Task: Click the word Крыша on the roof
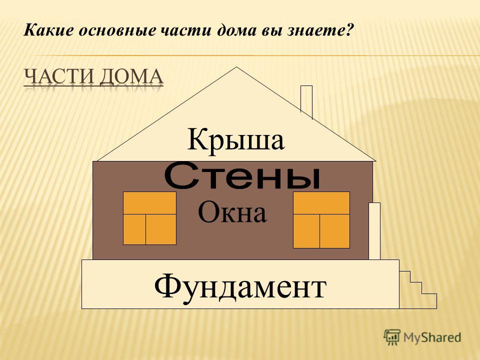click(x=235, y=140)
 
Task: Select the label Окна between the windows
click(x=232, y=213)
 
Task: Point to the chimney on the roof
click(x=306, y=101)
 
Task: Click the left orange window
click(x=149, y=218)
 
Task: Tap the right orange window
click(x=321, y=220)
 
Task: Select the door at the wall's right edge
click(x=374, y=231)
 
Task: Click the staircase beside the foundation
click(x=418, y=289)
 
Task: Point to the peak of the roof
click(x=236, y=67)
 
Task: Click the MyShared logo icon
click(x=392, y=337)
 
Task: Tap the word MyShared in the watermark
click(x=432, y=337)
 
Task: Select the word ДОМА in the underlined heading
click(x=131, y=77)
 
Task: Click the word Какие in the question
click(x=48, y=30)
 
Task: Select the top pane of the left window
click(x=149, y=203)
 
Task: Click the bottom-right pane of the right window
click(x=334, y=231)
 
